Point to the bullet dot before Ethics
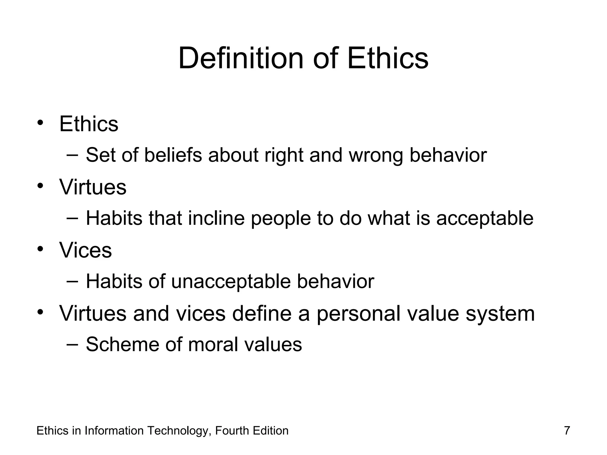click(41, 122)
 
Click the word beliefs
click(173, 155)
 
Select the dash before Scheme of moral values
click(72, 344)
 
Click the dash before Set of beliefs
click(72, 154)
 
